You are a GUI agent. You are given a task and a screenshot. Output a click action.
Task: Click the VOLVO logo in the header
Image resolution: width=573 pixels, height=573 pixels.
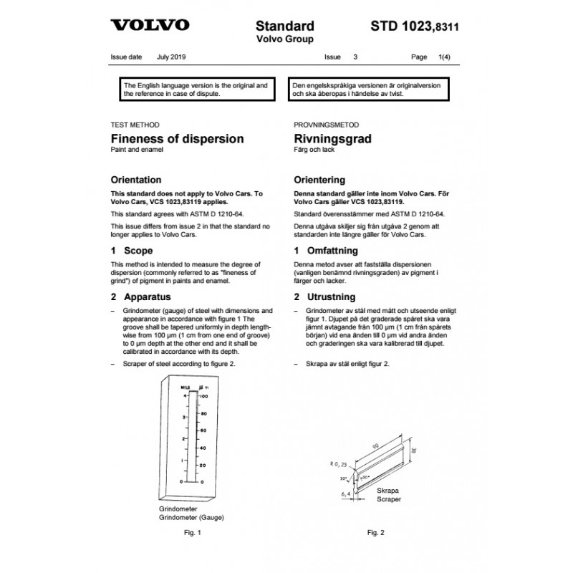pyautogui.click(x=150, y=25)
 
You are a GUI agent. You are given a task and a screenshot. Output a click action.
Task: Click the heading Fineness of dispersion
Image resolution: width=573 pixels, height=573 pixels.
pyautogui.click(x=177, y=138)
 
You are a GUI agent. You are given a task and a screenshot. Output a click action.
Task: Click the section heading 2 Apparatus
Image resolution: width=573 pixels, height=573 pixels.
pyautogui.click(x=141, y=296)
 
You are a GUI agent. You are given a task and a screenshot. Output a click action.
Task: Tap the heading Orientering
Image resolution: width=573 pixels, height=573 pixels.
pyautogui.click(x=320, y=180)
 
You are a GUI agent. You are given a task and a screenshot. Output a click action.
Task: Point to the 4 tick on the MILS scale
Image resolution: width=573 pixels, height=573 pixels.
pyautogui.click(x=185, y=395)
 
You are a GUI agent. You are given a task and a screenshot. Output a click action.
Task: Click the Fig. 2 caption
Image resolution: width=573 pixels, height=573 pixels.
pyautogui.click(x=377, y=533)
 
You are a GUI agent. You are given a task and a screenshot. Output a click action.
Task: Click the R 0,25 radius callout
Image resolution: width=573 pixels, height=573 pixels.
pyautogui.click(x=329, y=465)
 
